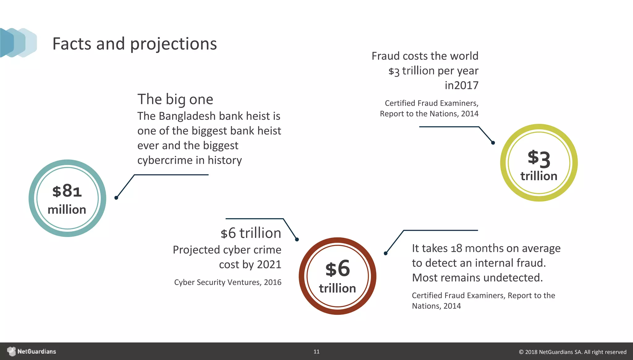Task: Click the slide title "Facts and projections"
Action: [x=134, y=44]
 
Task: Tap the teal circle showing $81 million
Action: [x=67, y=198]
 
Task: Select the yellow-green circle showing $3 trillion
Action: [x=539, y=163]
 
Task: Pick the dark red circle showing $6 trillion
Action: [x=338, y=276]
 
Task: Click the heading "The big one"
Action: [x=175, y=99]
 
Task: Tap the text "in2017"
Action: [x=461, y=85]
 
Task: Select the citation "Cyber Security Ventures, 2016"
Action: [x=228, y=282]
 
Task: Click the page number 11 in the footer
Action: [x=316, y=352]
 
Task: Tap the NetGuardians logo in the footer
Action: [x=32, y=351]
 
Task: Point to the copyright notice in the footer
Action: [x=572, y=352]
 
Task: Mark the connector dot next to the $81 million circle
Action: [x=116, y=198]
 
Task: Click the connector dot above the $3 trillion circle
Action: [x=493, y=143]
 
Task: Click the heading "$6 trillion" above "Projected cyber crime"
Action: [x=251, y=233]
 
